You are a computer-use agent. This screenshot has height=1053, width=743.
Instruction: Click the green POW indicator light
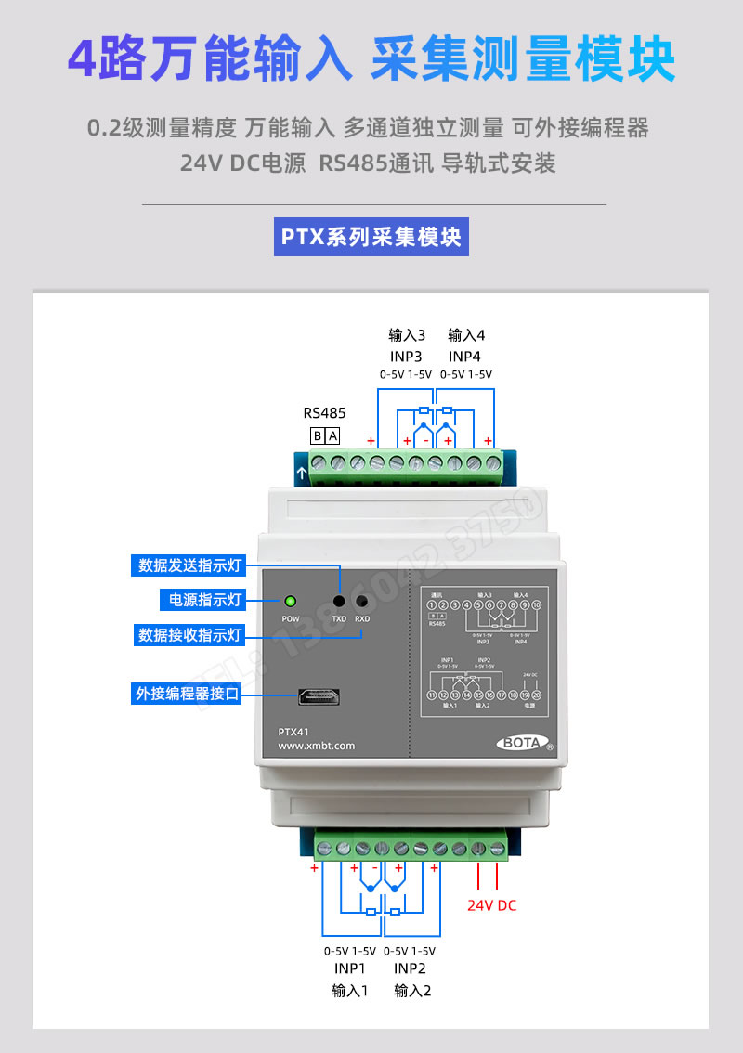290,602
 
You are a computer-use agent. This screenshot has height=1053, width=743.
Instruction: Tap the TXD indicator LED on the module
339,602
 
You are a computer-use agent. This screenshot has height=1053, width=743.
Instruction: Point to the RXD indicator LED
362,602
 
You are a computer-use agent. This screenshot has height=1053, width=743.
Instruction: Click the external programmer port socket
317,696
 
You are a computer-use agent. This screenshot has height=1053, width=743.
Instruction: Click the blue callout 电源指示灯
202,600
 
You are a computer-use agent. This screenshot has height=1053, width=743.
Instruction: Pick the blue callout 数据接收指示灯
189,635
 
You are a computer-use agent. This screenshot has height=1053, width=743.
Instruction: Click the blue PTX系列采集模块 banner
371,237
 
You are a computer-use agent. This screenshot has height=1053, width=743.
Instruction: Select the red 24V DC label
491,905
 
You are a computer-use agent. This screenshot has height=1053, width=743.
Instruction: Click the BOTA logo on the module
525,743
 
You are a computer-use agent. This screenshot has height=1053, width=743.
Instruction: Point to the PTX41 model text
293,731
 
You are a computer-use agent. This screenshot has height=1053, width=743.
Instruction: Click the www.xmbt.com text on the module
317,746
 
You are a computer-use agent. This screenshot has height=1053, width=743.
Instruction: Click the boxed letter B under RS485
318,435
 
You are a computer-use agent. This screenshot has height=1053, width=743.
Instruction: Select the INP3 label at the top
406,356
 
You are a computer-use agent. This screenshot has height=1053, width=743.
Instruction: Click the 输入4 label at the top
465,334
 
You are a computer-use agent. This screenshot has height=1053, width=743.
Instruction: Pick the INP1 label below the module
349,969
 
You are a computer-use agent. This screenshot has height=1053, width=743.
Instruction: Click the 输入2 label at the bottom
412,991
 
